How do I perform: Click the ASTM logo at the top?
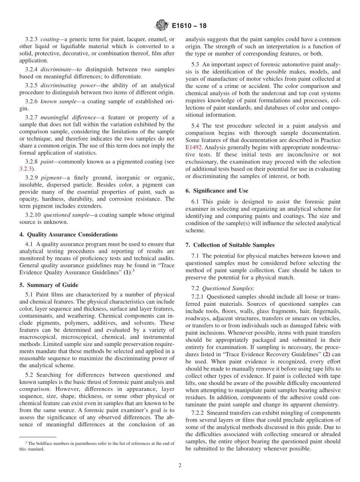click(x=162, y=26)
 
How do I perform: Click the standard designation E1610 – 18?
click(x=189, y=26)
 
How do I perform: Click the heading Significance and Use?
click(x=217, y=191)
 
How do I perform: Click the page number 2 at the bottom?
click(x=180, y=465)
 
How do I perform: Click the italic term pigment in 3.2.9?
click(x=51, y=178)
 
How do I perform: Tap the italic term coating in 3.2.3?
click(x=50, y=39)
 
